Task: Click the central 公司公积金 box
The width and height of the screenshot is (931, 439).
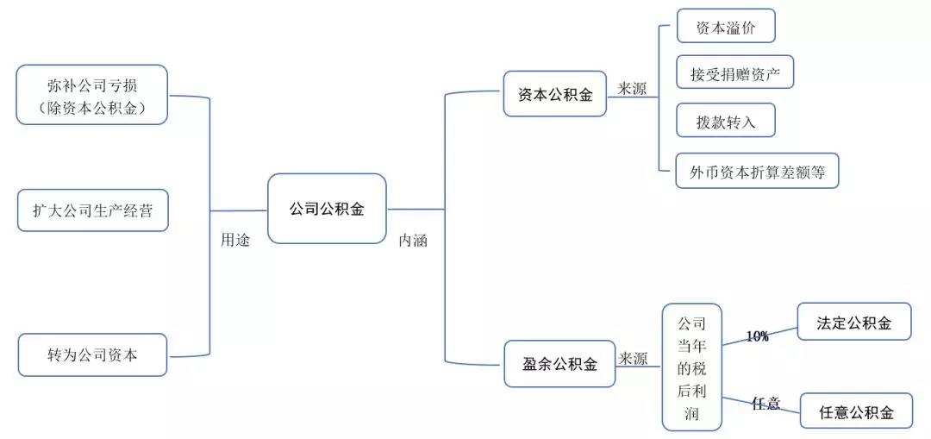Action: click(x=327, y=209)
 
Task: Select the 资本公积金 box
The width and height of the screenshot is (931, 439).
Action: click(x=555, y=94)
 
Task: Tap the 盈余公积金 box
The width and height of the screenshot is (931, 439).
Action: click(x=559, y=364)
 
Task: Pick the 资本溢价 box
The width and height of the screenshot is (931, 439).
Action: click(x=726, y=26)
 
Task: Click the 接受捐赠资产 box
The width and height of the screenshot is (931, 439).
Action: click(x=734, y=72)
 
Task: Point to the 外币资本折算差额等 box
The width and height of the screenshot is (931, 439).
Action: click(x=757, y=171)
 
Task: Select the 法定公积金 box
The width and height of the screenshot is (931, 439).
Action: click(x=853, y=322)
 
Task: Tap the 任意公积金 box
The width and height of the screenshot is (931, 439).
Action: click(x=856, y=411)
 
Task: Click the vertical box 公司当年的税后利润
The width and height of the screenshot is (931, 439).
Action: click(x=691, y=367)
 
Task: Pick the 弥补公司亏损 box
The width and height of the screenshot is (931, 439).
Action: click(x=92, y=95)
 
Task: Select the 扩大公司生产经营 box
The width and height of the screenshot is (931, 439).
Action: click(x=93, y=210)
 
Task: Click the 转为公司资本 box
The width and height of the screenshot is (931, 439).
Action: click(x=92, y=354)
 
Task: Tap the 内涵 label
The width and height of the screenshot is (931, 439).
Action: click(x=413, y=241)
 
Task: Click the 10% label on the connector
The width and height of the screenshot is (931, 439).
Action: click(x=757, y=336)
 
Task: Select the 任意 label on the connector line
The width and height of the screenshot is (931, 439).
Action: click(x=766, y=404)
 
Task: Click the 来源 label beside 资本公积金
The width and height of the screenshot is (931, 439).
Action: click(x=632, y=89)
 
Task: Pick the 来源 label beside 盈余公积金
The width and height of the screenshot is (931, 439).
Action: click(x=633, y=358)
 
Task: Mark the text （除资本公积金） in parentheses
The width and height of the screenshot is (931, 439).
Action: click(x=92, y=108)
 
